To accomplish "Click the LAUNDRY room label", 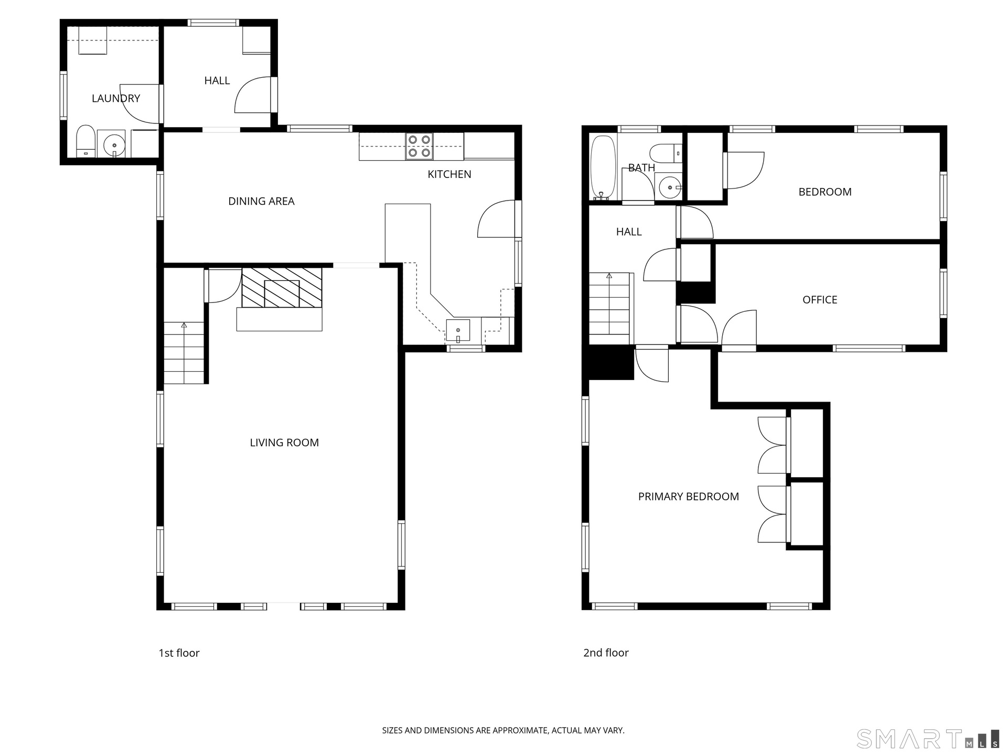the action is [116, 98].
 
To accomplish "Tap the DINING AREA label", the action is [261, 201].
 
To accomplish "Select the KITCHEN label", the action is [449, 174].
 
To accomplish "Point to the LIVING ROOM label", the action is [284, 443].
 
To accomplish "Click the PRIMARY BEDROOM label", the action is [689, 497].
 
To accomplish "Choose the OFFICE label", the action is [820, 300].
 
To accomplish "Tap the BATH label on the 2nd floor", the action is [641, 168].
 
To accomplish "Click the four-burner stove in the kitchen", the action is [420, 146].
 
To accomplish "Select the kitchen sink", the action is [458, 331].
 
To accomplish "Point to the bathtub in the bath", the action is [603, 168].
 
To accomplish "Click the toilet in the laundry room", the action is [85, 141].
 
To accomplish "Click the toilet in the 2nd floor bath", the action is [666, 153].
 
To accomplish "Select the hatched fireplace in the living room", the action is [282, 288].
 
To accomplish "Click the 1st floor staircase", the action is [184, 353].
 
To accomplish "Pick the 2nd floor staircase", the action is [609, 303].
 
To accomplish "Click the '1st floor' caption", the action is [179, 653].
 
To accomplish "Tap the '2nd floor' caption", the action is [606, 653].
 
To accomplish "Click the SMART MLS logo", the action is [928, 739].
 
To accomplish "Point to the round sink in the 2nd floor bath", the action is [670, 187].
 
